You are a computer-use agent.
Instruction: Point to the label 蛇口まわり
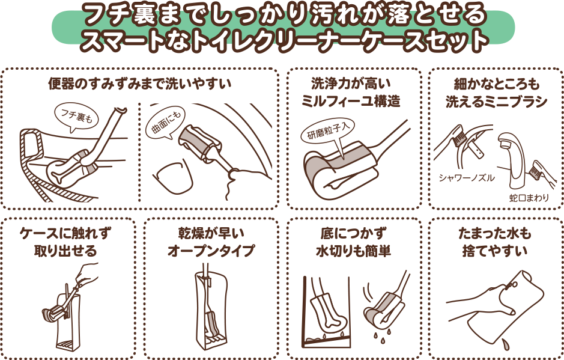529,198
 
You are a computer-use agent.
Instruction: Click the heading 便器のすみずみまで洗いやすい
139,84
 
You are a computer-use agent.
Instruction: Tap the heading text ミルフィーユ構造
351,102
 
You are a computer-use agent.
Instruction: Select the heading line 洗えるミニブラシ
496,102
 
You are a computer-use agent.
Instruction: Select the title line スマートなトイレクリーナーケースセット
284,40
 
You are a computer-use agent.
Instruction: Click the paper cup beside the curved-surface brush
173,178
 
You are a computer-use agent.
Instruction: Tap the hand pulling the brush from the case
86,274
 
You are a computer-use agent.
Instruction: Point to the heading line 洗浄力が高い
351,84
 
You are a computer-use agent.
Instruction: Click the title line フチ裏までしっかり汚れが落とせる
284,14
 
